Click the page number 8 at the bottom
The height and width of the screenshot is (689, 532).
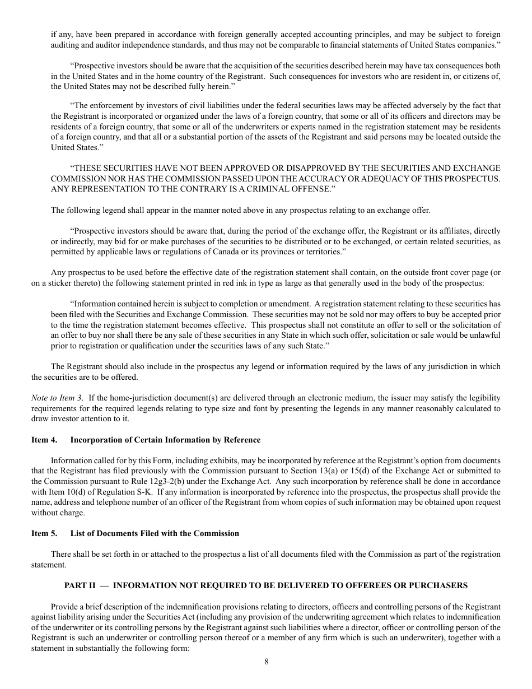[x=267, y=661]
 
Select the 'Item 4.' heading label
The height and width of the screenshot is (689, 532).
[x=44, y=440]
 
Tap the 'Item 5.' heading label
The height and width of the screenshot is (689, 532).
[x=44, y=533]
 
